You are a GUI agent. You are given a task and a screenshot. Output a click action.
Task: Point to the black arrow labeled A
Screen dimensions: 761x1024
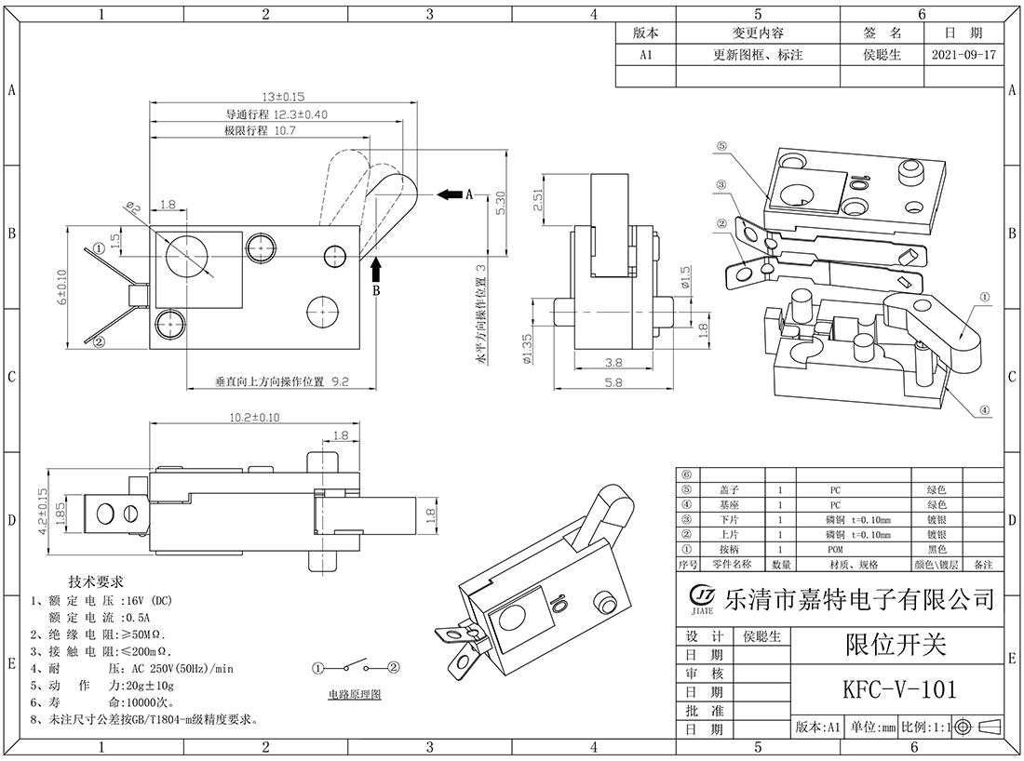tap(450, 194)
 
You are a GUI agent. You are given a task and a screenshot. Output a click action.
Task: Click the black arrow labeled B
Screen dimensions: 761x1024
tap(376, 272)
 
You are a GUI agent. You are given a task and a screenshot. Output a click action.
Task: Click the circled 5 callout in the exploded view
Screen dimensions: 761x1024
tap(724, 147)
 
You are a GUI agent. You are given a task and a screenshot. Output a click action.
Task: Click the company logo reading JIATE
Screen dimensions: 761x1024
tap(701, 597)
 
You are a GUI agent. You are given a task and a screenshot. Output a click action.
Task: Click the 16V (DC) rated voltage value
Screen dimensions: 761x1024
tap(150, 601)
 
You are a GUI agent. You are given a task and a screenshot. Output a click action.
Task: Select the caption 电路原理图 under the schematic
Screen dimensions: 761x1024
tap(355, 695)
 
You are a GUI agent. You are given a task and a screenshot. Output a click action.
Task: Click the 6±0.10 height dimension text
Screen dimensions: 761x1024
tap(61, 287)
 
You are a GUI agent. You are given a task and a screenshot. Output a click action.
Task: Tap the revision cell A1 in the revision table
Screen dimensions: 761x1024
tap(645, 55)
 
